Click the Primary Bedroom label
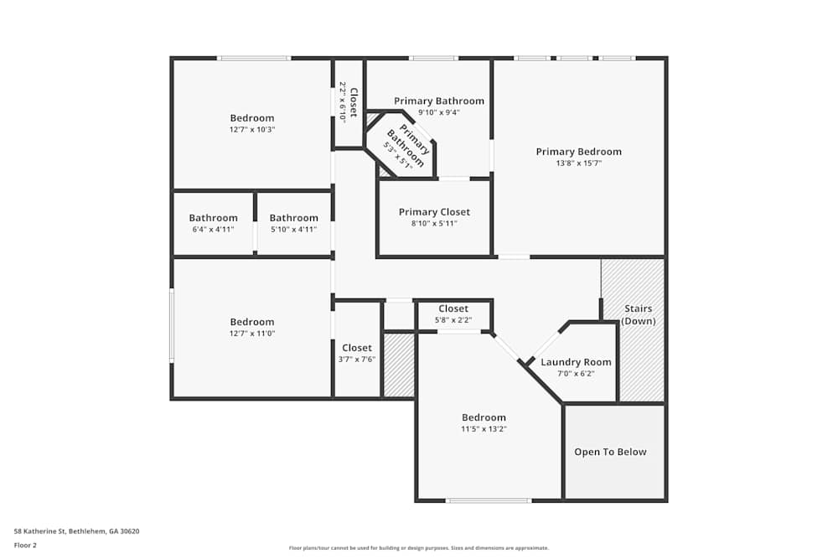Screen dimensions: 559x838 point(579,152)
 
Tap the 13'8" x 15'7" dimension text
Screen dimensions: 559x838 point(579,163)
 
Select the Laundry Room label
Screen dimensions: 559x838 point(576,362)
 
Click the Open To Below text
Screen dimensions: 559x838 point(610,452)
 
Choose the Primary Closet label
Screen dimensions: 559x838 point(434,212)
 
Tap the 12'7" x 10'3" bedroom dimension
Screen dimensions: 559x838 point(252,130)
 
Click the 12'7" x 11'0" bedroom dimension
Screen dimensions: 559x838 point(252,334)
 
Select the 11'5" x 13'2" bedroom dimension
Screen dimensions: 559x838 point(484,429)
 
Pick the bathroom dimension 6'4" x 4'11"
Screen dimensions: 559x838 point(213,230)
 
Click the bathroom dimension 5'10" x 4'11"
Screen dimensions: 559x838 point(293,230)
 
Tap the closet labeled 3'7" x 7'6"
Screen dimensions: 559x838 point(357,360)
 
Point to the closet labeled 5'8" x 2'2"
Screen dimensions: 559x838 point(453,320)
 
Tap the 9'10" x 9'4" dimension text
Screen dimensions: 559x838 point(439,112)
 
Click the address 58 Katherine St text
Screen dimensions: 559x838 point(76,531)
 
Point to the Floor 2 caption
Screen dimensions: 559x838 point(25,545)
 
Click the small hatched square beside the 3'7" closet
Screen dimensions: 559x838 point(399,365)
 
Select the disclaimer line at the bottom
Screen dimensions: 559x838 point(418,548)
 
